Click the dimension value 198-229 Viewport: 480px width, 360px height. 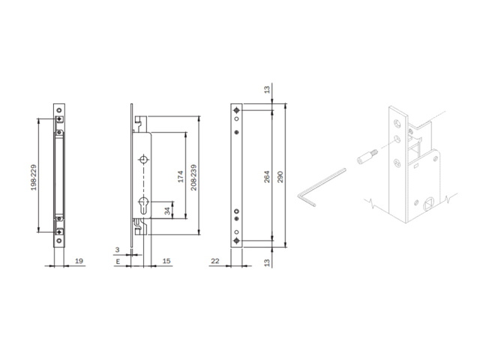(34, 177)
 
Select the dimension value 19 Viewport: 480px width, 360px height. (79, 261)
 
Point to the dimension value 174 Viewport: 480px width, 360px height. (180, 177)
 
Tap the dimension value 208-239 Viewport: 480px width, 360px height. (193, 177)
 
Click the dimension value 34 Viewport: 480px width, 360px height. (167, 211)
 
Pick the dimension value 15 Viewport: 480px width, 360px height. (166, 261)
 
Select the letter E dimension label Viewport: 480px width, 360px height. (118, 262)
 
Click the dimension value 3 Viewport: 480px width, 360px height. (117, 250)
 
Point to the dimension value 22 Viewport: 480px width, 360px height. (215, 261)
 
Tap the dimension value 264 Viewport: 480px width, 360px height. (267, 177)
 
